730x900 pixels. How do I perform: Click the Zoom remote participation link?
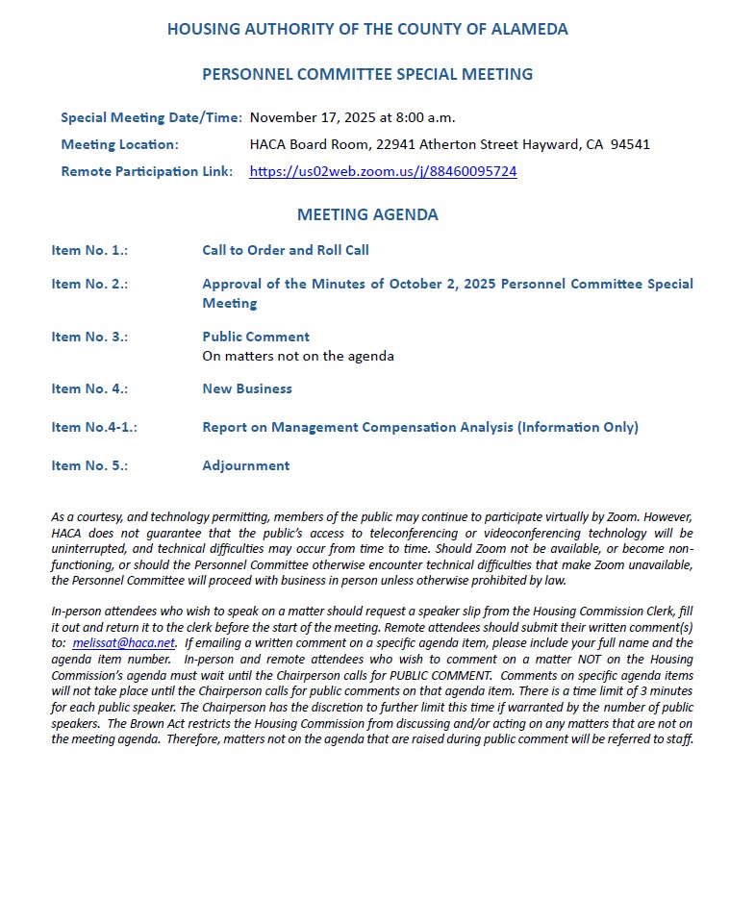coord(383,172)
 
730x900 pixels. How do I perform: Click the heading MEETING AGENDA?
coord(367,214)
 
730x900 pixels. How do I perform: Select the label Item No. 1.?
coord(89,250)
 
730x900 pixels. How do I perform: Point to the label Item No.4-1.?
coord(94,427)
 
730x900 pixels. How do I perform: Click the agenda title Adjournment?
coord(245,465)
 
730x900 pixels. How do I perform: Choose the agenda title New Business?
coord(247,388)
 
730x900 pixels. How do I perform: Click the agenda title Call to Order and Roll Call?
coord(286,250)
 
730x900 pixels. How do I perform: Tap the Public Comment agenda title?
coord(256,337)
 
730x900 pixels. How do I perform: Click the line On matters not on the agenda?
coord(298,356)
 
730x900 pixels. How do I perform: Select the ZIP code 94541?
coord(631,144)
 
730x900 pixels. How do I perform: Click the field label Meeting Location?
coord(119,144)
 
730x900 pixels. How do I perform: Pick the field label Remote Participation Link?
coord(147,172)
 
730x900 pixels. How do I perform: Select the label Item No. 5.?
coord(89,465)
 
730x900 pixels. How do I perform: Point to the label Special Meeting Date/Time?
coord(151,117)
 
